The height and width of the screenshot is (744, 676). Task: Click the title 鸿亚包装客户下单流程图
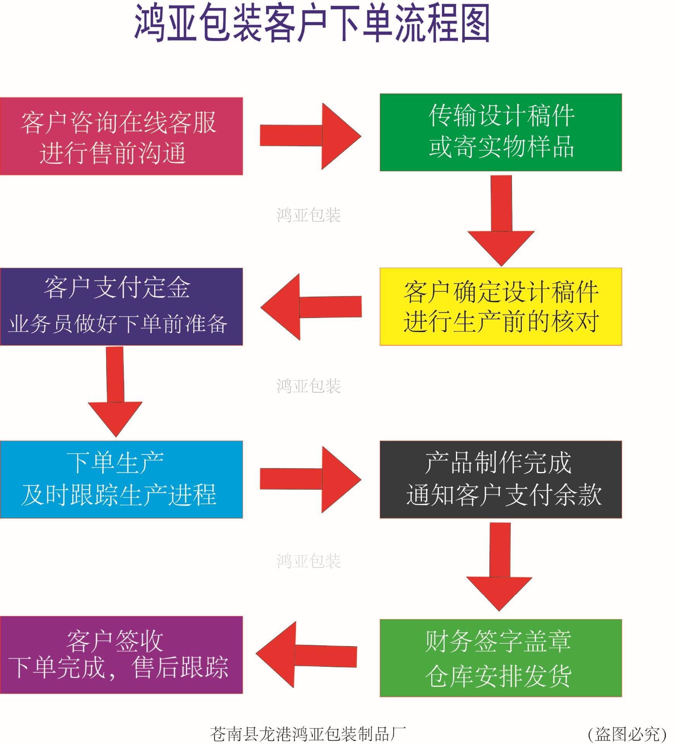click(x=312, y=24)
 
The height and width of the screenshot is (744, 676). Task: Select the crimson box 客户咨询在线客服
click(x=121, y=136)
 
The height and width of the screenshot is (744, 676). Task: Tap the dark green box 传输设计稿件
click(x=501, y=132)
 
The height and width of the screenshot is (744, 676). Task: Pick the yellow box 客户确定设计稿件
click(x=501, y=307)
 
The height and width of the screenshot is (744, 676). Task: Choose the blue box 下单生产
click(x=121, y=479)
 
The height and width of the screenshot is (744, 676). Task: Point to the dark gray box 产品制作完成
click(x=501, y=479)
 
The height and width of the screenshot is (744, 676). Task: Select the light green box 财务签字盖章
click(x=501, y=658)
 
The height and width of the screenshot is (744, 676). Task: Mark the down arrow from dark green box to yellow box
click(x=501, y=220)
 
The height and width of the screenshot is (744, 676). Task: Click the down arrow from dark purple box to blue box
click(x=115, y=391)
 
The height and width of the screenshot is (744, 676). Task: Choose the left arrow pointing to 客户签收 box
click(x=306, y=655)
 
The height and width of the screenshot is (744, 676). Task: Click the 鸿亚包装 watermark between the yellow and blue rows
click(x=308, y=386)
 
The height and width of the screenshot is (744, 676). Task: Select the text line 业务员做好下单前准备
click(x=118, y=324)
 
